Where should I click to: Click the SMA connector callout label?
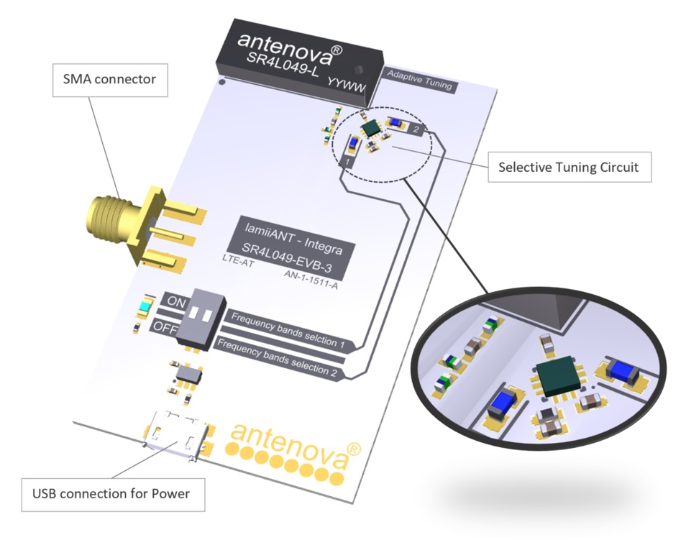pyautogui.click(x=110, y=79)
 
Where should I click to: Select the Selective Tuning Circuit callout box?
pyautogui.click(x=568, y=168)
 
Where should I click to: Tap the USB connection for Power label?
pyautogui.click(x=111, y=494)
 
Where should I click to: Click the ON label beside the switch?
pyautogui.click(x=175, y=302)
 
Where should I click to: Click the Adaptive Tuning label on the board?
pyautogui.click(x=419, y=80)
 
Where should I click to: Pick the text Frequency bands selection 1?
pyautogui.click(x=286, y=330)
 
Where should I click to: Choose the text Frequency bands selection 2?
pyautogui.click(x=277, y=355)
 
